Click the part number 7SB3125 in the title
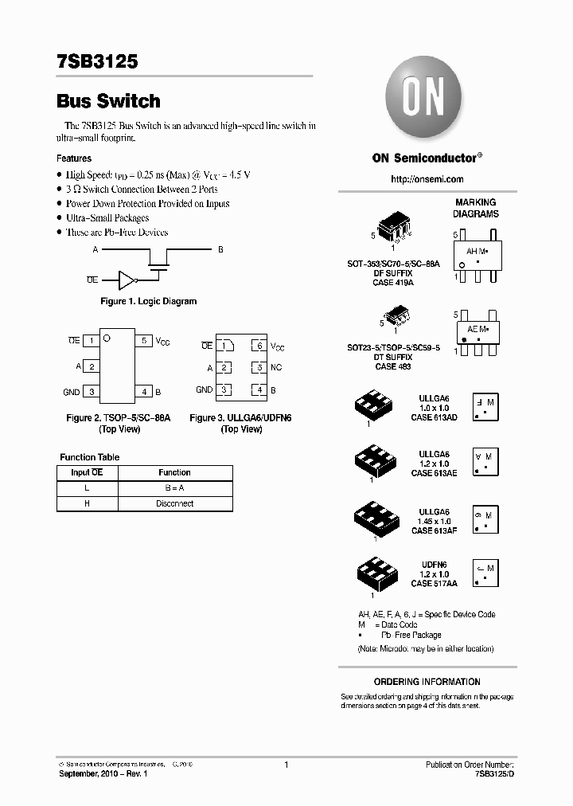point(97,61)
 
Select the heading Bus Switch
point(108,101)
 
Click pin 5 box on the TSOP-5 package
point(144,341)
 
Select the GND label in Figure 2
point(71,392)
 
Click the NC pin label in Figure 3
point(276,368)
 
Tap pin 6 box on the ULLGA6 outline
point(259,346)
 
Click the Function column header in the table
point(174,472)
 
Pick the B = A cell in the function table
point(174,488)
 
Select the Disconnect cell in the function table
point(174,504)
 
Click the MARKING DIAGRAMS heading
point(475,208)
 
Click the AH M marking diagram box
point(476,255)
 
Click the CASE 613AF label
point(434,530)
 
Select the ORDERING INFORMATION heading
point(427,682)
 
